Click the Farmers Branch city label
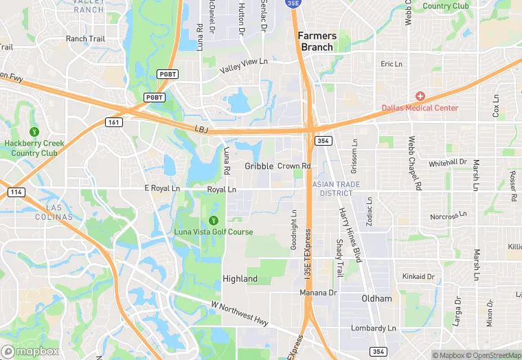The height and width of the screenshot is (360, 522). pyautogui.click(x=317, y=41)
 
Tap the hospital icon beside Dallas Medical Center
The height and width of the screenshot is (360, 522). pyautogui.click(x=420, y=96)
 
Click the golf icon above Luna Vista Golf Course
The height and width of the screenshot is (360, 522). pyautogui.click(x=213, y=220)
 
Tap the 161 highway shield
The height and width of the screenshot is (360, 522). pyautogui.click(x=114, y=122)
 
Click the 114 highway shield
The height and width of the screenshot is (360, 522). pyautogui.click(x=15, y=192)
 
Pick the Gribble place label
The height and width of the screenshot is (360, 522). pyautogui.click(x=259, y=166)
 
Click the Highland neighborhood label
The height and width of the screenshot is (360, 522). pyautogui.click(x=240, y=279)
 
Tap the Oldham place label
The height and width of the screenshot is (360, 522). pyautogui.click(x=376, y=298)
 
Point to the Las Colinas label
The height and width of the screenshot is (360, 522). pyautogui.click(x=49, y=212)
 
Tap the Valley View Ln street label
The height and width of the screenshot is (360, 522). pyautogui.click(x=243, y=66)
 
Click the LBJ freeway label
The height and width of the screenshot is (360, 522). pyautogui.click(x=201, y=129)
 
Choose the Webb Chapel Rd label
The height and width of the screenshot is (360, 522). pyautogui.click(x=413, y=162)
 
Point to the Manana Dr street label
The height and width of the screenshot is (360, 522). pyautogui.click(x=318, y=293)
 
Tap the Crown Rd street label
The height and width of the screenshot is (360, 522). pyautogui.click(x=294, y=166)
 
